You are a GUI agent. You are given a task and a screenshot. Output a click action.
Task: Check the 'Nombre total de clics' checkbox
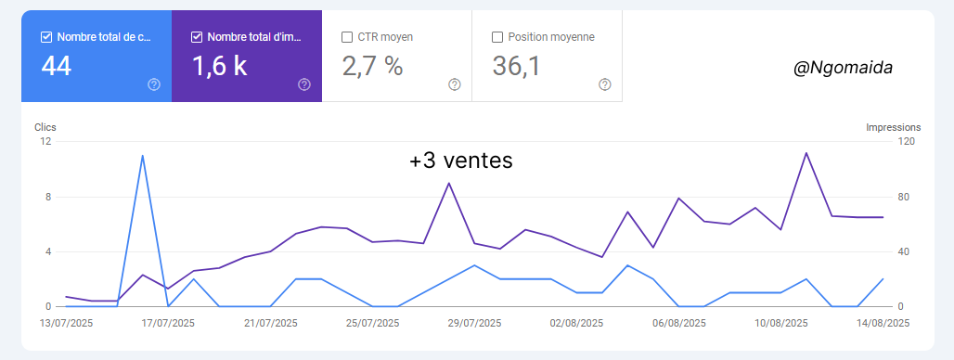(46, 37)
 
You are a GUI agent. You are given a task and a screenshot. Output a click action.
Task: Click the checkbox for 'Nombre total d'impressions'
(197, 37)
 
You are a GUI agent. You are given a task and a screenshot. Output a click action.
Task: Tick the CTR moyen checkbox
(347, 37)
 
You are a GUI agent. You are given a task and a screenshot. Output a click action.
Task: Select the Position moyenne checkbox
(497, 37)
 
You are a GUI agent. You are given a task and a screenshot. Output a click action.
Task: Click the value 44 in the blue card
(57, 67)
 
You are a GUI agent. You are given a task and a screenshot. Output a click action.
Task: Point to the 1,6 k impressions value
(219, 67)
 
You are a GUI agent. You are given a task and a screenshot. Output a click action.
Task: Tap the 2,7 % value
(373, 67)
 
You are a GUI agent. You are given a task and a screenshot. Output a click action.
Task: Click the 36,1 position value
(517, 67)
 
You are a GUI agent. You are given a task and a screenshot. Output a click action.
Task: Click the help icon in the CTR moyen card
(455, 84)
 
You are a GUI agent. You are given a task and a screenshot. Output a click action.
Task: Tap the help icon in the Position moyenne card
(605, 84)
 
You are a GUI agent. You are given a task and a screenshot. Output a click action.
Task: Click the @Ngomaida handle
(842, 67)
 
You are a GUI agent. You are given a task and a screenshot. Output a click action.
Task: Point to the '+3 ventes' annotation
(461, 161)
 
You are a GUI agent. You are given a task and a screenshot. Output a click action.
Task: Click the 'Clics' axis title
(45, 127)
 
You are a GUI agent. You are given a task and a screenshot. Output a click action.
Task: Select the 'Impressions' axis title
(893, 127)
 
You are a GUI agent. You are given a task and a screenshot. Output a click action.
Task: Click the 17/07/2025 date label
(167, 323)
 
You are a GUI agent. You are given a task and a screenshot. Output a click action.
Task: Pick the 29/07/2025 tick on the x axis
(474, 323)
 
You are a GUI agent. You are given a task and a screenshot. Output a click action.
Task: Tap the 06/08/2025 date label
(678, 323)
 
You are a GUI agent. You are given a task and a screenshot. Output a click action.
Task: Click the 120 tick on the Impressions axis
(905, 142)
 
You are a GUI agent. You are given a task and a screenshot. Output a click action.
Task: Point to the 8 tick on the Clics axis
(46, 197)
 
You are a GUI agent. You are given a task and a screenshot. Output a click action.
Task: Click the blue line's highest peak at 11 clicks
(142, 156)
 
